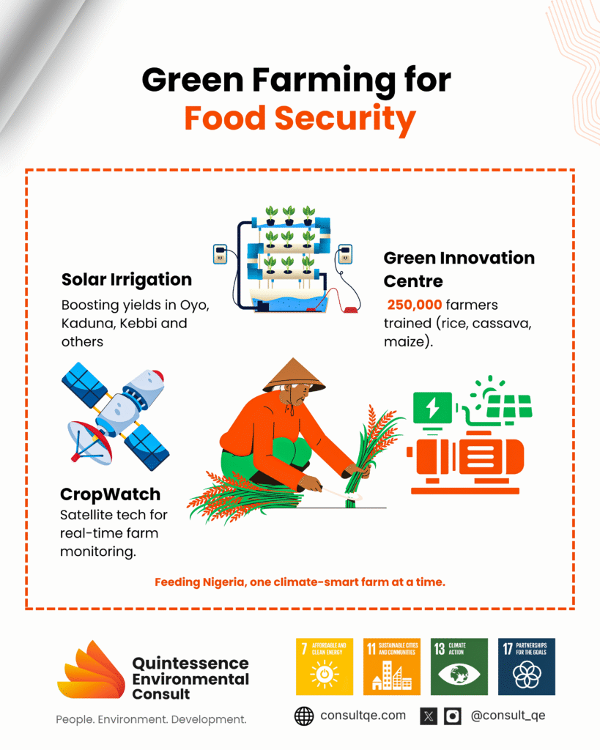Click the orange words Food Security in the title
click(300, 119)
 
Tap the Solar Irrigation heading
click(126, 279)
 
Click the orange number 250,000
click(415, 305)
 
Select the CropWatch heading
click(110, 494)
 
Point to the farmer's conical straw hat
click(294, 375)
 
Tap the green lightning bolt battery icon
click(432, 408)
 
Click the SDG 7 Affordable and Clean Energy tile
click(325, 667)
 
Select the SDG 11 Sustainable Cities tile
click(392, 667)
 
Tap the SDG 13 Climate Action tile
click(459, 667)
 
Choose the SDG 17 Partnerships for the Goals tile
click(527, 667)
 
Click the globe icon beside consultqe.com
click(304, 716)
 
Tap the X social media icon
click(429, 716)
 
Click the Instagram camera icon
click(453, 716)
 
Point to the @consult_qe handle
click(508, 716)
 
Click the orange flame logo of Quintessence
click(91, 669)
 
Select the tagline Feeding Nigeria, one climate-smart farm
click(300, 582)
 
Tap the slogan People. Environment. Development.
click(151, 719)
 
